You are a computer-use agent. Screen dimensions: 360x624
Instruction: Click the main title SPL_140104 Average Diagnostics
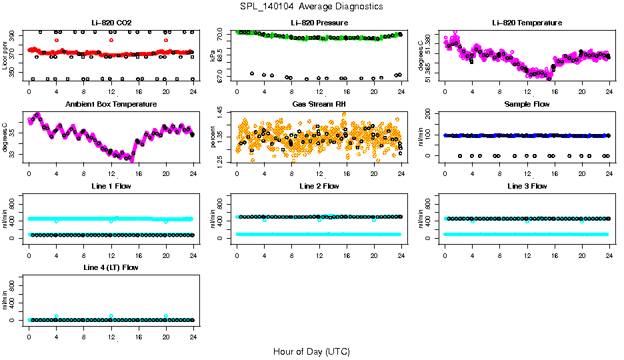pyautogui.click(x=312, y=6)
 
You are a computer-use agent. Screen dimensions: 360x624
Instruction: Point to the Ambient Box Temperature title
pyautogui.click(x=111, y=104)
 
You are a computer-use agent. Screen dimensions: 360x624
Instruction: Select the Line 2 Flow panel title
pyautogui.click(x=319, y=186)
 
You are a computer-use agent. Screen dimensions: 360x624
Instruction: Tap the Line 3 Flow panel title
pyautogui.click(x=527, y=186)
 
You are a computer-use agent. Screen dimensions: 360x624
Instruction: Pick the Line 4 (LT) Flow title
pyautogui.click(x=111, y=267)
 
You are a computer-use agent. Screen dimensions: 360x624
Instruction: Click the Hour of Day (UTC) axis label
pyautogui.click(x=311, y=351)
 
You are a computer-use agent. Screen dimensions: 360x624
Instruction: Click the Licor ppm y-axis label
pyautogui.click(x=5, y=56)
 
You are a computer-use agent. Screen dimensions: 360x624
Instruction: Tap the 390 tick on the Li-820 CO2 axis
pyautogui.click(x=15, y=33)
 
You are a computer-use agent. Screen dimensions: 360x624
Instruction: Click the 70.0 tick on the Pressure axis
pyautogui.click(x=223, y=33)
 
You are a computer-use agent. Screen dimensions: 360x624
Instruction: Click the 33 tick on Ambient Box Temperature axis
pyautogui.click(x=15, y=155)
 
